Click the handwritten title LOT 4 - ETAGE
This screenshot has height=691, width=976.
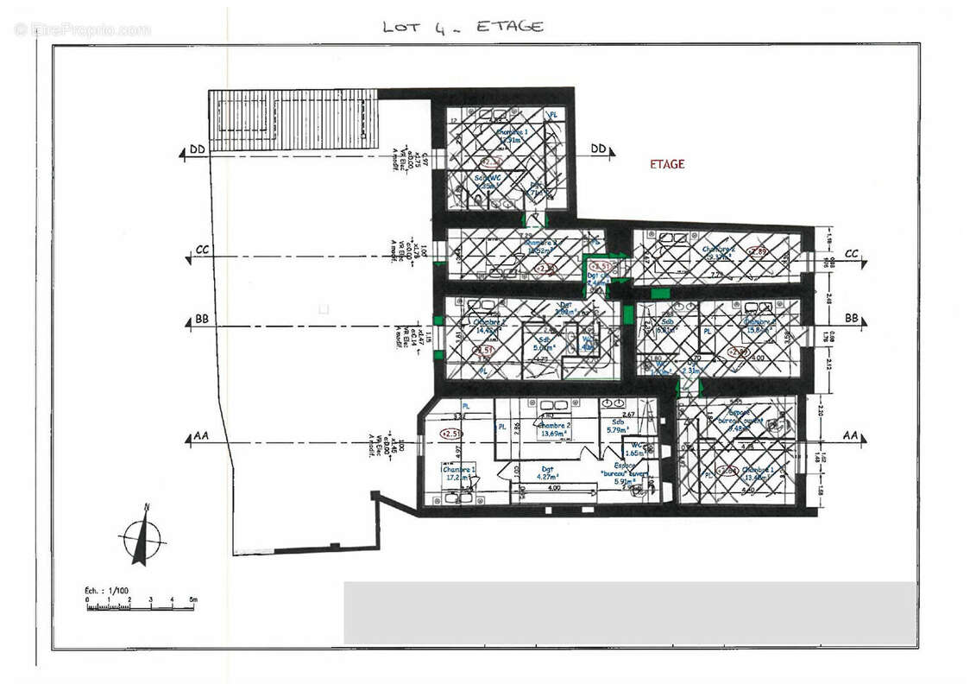[463, 27]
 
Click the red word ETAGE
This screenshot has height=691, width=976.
[667, 164]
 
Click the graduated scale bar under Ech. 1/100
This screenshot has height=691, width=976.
[141, 607]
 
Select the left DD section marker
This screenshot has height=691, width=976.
[196, 150]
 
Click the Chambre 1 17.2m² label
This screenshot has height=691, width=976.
[459, 472]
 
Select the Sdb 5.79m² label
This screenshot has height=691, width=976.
[618, 426]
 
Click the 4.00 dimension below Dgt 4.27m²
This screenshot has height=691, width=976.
[552, 488]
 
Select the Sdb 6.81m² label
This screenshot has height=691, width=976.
[666, 329]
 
